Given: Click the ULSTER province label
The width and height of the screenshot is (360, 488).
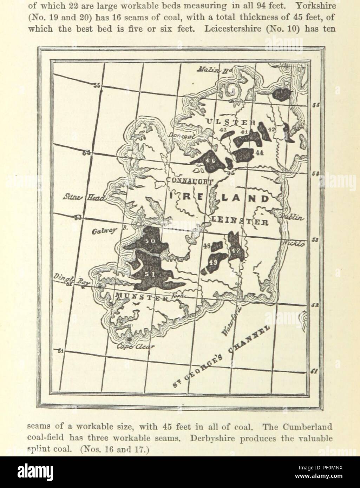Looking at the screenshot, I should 230,122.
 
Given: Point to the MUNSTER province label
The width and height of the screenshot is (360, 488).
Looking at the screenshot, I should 142,297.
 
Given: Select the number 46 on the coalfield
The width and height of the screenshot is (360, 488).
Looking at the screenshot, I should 210,160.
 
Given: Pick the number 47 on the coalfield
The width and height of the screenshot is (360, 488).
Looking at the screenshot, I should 235,250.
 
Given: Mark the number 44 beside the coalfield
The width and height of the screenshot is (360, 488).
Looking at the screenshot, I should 260,153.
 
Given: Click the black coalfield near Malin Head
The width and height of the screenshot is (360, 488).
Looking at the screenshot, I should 282,94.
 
